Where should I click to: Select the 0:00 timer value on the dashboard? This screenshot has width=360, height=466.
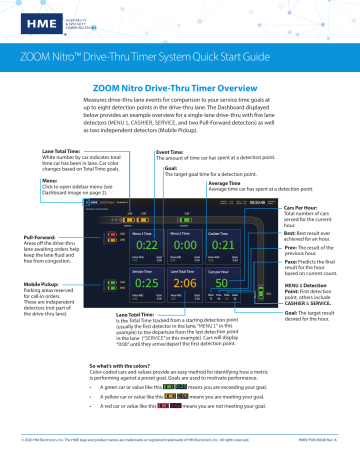[191, 217]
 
